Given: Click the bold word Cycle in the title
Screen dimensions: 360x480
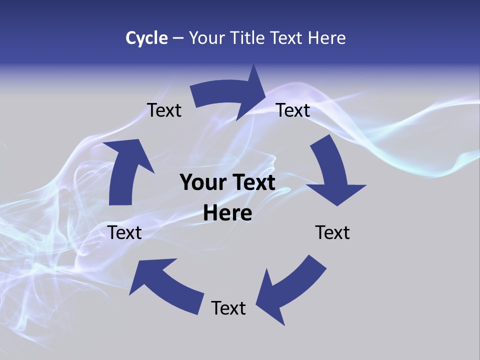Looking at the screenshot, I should click(x=146, y=38).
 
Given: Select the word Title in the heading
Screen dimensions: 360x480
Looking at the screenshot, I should click(x=249, y=38).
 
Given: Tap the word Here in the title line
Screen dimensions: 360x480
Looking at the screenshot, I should click(x=326, y=38).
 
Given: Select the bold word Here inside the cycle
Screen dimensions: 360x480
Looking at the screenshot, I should click(x=227, y=213).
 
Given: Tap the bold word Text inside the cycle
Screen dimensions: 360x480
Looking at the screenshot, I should click(x=252, y=182).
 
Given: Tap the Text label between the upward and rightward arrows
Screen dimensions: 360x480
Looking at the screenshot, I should click(x=164, y=110).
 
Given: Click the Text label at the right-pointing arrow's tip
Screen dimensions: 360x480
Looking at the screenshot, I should click(x=293, y=110).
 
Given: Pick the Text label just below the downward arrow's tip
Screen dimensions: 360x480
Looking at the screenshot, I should click(x=332, y=232).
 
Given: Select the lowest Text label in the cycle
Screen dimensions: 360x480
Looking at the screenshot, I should click(x=228, y=308).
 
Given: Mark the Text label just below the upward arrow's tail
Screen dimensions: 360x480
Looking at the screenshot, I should click(x=124, y=232).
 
